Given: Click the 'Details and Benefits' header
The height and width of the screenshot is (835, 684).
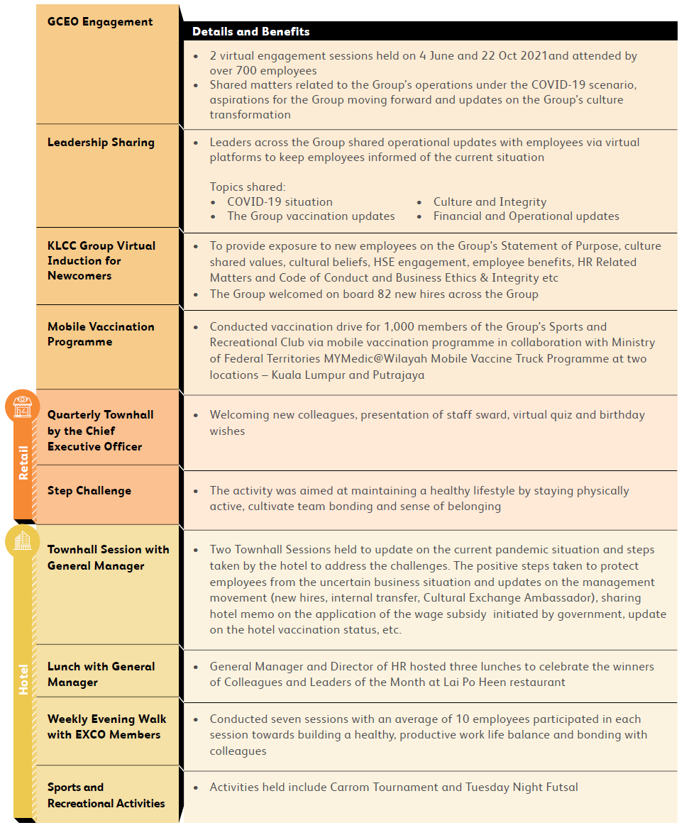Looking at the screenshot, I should [x=250, y=31].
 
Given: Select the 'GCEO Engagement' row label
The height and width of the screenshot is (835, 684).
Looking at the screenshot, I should [x=100, y=22].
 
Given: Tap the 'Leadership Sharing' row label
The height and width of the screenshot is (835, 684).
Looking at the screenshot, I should [x=101, y=143].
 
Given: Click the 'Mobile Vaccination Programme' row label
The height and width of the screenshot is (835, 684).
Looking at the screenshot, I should [x=101, y=334].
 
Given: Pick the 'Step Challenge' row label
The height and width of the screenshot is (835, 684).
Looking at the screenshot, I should [x=89, y=491].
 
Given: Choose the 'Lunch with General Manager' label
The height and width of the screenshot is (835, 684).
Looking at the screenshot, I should [x=101, y=674].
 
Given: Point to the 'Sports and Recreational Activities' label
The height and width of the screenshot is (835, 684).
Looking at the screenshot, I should [x=106, y=795].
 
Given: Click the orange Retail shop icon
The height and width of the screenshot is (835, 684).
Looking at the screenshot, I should [x=23, y=407].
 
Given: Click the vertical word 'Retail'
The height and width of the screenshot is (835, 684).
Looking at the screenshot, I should [x=23, y=463].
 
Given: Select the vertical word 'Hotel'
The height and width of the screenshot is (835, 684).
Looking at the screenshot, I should [x=23, y=679].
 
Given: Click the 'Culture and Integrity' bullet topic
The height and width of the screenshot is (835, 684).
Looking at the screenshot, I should [x=490, y=201].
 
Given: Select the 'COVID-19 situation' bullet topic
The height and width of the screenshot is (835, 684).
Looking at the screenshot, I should [x=280, y=201].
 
